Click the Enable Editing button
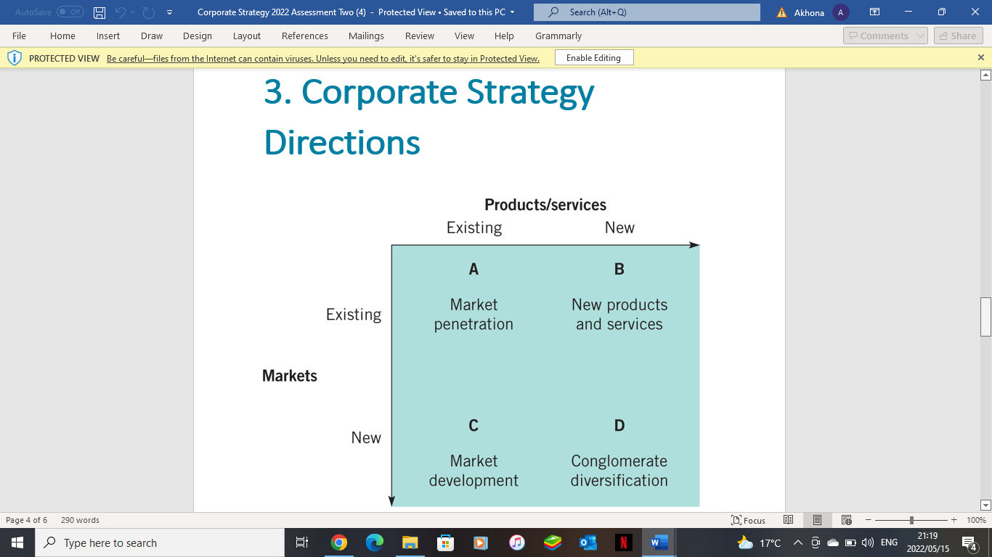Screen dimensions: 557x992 click(x=593, y=58)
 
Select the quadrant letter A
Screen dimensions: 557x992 click(x=473, y=269)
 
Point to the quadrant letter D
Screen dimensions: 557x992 click(x=619, y=426)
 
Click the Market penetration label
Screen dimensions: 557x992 click(x=473, y=315)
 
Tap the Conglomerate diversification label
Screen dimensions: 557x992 click(x=619, y=471)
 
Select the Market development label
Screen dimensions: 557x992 click(x=473, y=471)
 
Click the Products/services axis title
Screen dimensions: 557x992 click(x=545, y=205)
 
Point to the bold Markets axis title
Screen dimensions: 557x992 click(x=290, y=376)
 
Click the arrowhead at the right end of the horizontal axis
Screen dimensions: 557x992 click(x=694, y=245)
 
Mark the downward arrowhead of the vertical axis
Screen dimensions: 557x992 click(x=391, y=500)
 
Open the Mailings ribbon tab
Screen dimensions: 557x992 click(x=367, y=36)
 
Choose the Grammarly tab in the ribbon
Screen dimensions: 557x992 click(x=558, y=36)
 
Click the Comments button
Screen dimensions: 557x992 click(x=885, y=36)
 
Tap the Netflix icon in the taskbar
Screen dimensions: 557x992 click(x=623, y=542)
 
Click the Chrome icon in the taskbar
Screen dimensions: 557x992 click(x=338, y=542)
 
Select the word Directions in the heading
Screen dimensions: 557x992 click(x=342, y=142)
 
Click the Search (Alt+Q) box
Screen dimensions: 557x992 click(x=646, y=12)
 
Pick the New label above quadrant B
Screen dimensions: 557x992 click(x=619, y=228)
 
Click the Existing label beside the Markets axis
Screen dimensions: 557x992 click(x=354, y=315)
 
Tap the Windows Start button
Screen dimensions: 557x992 click(x=17, y=542)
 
